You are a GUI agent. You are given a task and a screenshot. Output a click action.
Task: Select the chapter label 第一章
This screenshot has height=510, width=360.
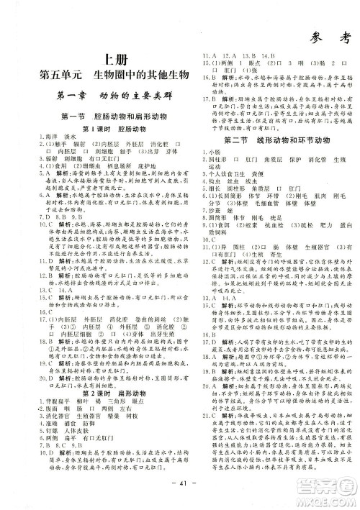point(68,96)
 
